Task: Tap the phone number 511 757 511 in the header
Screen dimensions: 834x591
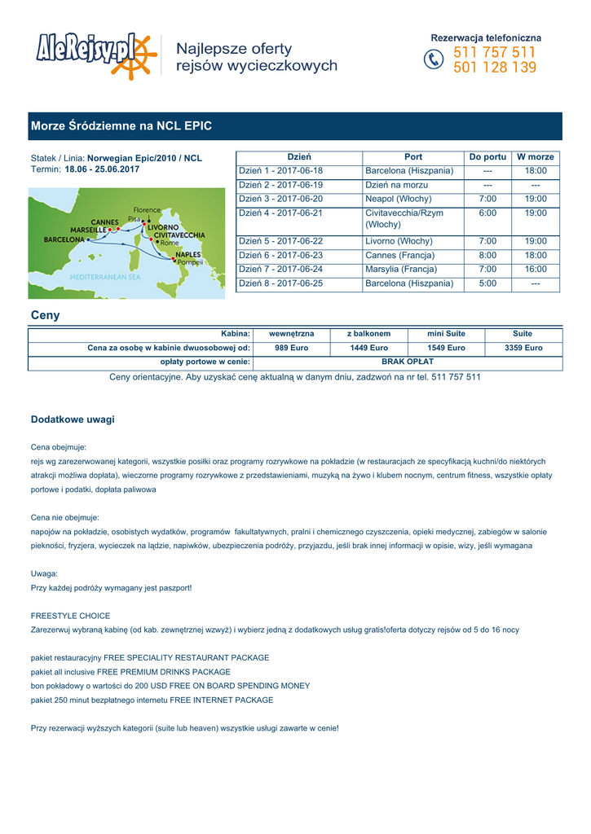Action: (495, 52)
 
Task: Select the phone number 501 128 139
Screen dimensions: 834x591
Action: (495, 68)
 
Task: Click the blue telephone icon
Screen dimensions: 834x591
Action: (434, 60)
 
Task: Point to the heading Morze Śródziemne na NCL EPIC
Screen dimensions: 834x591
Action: (121, 126)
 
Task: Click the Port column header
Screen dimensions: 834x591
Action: (413, 157)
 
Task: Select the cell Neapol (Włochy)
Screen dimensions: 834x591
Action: (399, 200)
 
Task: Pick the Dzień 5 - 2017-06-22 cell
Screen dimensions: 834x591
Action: (280, 242)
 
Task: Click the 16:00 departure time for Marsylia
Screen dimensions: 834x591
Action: (536, 270)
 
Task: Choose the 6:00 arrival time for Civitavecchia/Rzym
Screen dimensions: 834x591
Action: (487, 213)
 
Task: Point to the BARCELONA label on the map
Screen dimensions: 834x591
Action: (64, 240)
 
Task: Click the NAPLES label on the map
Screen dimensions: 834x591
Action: (187, 254)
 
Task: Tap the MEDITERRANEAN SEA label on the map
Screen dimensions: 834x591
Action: (104, 277)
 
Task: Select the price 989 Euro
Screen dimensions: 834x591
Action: (291, 348)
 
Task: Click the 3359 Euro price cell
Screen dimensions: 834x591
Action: (523, 348)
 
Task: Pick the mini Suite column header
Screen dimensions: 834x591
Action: (446, 334)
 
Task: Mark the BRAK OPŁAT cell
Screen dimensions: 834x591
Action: (408, 362)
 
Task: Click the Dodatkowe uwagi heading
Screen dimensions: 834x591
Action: (73, 419)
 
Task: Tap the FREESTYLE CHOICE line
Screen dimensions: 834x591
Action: (70, 616)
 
